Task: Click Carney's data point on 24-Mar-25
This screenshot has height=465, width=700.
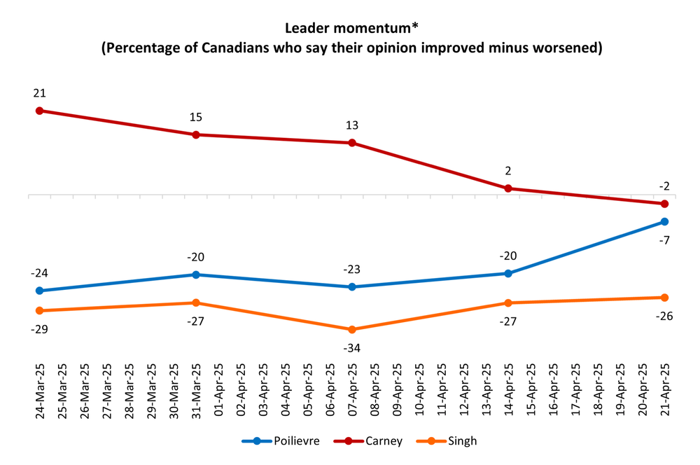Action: coord(40,111)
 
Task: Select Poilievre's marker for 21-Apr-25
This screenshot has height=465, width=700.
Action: coord(664,222)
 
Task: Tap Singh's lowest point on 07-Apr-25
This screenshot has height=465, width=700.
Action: coord(352,330)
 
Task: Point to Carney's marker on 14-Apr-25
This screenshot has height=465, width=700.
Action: coord(508,188)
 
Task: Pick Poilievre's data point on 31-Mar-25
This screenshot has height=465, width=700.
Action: coord(196,275)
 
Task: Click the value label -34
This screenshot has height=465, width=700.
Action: coord(352,348)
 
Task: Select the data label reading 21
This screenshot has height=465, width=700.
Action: coord(40,93)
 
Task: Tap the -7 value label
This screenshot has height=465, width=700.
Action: coord(664,240)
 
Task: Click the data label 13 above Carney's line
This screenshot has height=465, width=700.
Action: coord(352,125)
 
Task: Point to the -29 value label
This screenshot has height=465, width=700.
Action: coord(40,328)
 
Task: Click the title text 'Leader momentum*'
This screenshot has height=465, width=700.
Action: coord(350,29)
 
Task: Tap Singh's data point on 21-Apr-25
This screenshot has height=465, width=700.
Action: coord(664,298)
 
